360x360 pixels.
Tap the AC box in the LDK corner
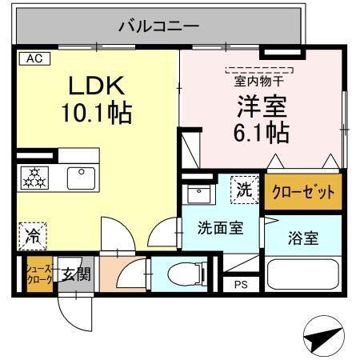[34, 58]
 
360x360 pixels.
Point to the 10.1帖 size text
[98, 113]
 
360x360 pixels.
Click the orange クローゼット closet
[303, 192]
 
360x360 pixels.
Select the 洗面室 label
[221, 226]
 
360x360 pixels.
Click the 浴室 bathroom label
[303, 238]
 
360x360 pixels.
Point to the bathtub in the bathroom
[302, 274]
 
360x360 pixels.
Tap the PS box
[241, 284]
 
